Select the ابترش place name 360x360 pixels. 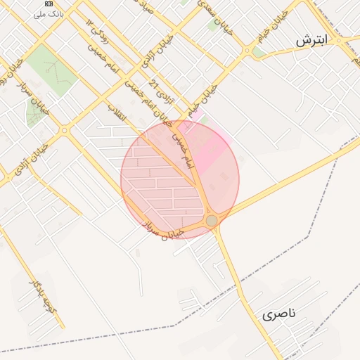pos(311,41)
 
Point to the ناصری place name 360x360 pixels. pos(280,314)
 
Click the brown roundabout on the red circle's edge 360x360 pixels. pos(212,221)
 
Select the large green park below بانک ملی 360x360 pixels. pos(53,70)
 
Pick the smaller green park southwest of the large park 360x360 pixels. pos(34,110)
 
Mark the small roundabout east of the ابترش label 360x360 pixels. pos(338,40)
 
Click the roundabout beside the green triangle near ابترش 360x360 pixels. pos(247,51)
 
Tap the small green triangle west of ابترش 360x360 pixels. pos(259,51)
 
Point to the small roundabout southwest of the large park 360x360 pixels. pos(64,130)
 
